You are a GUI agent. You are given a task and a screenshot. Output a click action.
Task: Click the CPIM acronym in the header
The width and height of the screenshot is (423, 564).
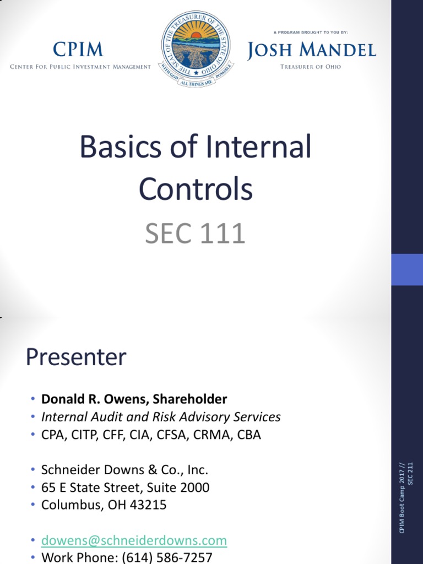point(78,50)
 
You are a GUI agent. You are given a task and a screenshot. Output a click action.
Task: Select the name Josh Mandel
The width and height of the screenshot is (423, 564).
point(311,51)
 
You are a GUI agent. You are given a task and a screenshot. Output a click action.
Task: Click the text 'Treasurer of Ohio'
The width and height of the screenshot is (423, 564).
point(311,67)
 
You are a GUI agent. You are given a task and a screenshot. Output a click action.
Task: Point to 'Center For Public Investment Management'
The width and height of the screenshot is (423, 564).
point(80,67)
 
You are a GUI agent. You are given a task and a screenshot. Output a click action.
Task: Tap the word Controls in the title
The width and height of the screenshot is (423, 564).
point(196,189)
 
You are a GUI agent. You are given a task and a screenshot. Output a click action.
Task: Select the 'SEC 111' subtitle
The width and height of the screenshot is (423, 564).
point(195,234)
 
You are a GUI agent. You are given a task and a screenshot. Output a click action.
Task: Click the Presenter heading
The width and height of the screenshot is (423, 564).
point(76,358)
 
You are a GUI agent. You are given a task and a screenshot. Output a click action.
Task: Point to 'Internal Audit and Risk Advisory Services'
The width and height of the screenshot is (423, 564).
point(161,417)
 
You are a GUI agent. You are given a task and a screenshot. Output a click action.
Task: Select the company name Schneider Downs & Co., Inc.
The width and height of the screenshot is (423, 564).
point(124,470)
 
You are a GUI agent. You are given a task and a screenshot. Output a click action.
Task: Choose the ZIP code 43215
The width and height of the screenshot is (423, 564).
point(149,505)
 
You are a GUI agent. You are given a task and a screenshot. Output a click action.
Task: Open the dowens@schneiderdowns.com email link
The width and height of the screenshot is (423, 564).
point(134,541)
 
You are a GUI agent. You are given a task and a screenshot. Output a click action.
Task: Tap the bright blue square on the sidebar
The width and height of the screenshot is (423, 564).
point(407,269)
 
